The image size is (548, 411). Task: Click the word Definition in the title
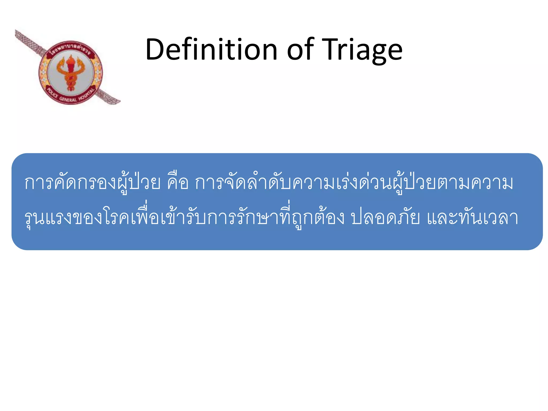211,50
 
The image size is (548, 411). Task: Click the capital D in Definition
155,50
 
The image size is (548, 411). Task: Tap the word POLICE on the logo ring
52,93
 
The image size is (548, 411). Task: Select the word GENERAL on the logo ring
68,99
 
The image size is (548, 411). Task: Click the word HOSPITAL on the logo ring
87,94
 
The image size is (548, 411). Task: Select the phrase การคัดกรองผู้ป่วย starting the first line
92,183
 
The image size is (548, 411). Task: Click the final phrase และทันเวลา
472,217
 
